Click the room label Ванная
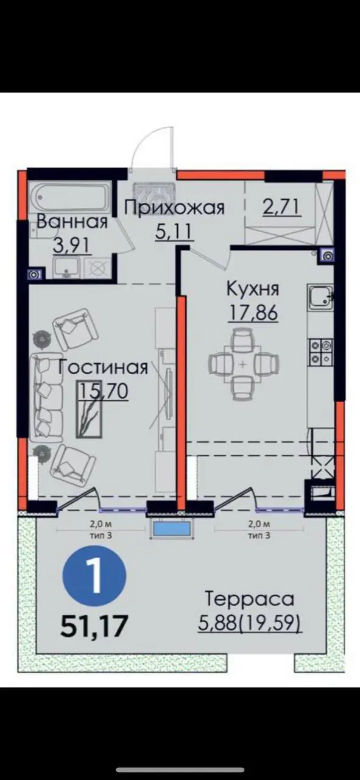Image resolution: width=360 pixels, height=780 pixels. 72,221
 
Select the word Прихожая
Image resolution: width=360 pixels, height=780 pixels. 175,209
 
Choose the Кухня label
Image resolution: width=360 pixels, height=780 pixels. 253,289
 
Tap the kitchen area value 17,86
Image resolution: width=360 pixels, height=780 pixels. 253,312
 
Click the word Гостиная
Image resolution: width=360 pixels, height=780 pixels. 103,367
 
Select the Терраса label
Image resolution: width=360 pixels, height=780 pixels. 249,598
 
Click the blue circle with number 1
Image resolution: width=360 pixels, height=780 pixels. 94,575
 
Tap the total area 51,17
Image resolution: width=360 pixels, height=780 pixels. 93,625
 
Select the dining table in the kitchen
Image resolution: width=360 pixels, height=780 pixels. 242,364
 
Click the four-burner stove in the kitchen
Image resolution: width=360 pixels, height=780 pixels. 320,352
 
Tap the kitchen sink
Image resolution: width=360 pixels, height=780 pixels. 320,297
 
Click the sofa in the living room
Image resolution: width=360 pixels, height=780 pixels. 46,397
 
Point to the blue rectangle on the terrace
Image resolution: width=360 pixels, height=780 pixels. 171,530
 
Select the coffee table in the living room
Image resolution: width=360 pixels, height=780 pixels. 90,409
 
